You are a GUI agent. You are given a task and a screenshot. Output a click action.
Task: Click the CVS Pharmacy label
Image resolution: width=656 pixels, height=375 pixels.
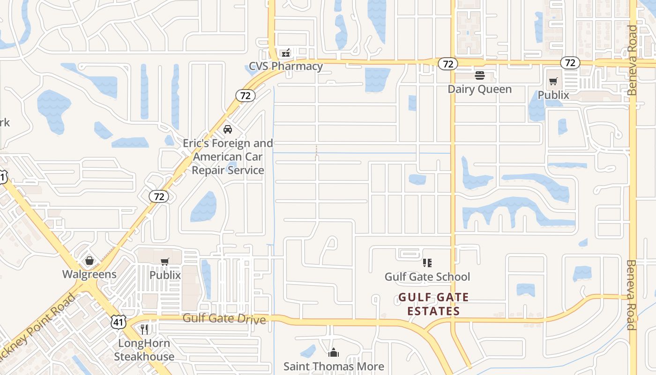click(286, 66)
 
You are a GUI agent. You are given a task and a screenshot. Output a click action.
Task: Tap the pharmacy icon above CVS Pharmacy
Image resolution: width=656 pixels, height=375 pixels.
click(286, 53)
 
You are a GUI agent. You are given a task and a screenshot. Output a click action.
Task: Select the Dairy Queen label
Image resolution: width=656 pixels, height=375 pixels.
click(479, 89)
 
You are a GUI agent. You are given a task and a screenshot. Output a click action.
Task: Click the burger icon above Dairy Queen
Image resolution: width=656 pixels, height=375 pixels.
click(479, 75)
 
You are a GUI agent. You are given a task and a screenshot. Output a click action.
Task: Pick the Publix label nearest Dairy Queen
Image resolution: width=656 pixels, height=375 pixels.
click(553, 95)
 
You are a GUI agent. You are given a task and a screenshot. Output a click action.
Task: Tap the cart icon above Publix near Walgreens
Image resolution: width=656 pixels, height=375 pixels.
click(164, 262)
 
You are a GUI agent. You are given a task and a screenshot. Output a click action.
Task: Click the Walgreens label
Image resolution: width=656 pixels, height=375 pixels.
click(89, 274)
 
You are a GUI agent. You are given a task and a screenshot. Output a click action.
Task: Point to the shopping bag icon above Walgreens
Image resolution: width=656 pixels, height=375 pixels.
click(89, 261)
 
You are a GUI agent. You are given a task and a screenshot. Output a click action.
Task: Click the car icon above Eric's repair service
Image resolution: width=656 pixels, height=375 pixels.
click(228, 129)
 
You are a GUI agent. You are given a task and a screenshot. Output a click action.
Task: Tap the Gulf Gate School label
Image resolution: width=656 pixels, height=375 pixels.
click(427, 277)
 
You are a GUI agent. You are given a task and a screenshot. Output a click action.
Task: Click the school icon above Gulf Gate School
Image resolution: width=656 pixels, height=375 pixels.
click(427, 263)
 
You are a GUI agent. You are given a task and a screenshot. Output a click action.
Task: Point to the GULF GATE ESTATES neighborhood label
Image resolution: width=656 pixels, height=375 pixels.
click(433, 304)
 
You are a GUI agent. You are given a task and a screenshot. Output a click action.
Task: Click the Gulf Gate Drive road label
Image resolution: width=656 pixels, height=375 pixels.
click(224, 319)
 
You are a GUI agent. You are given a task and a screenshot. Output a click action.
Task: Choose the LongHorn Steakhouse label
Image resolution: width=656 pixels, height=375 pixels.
click(144, 350)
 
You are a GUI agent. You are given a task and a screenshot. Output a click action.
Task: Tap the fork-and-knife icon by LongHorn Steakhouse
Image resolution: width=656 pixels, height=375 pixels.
click(144, 330)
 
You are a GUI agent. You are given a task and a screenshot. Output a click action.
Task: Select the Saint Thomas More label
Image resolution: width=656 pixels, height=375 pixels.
click(334, 366)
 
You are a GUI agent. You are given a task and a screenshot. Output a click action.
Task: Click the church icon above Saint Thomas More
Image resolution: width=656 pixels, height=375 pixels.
click(334, 352)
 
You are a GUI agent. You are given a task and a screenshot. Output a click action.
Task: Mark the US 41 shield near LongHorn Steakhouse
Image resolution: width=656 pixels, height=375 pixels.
click(119, 322)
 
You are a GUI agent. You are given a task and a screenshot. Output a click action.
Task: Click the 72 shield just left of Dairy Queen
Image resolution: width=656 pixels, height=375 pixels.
click(447, 64)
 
